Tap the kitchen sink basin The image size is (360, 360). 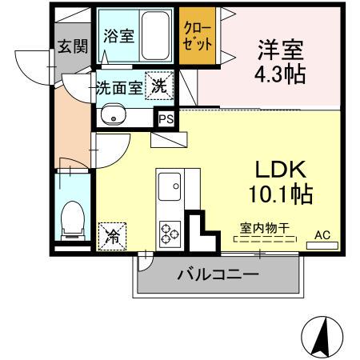[x=169, y=190]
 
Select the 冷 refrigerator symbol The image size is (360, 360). [x=113, y=235]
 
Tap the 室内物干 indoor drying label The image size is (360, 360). [x=263, y=228]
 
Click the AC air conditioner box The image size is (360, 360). [x=322, y=235]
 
